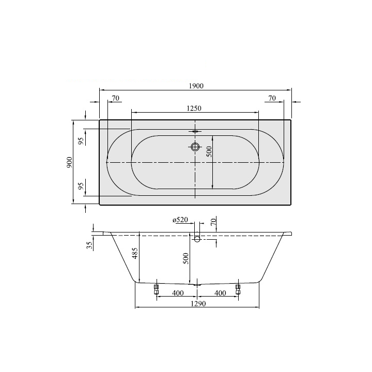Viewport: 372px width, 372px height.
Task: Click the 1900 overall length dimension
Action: (x=195, y=86)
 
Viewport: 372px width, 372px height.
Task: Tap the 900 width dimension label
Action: (x=69, y=162)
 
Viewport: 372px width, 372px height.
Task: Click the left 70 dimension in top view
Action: (x=115, y=98)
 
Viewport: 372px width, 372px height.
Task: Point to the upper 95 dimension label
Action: (x=81, y=141)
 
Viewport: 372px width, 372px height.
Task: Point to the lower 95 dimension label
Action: (x=81, y=185)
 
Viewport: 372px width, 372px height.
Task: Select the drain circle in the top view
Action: (x=195, y=147)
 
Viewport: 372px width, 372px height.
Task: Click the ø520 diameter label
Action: (x=180, y=220)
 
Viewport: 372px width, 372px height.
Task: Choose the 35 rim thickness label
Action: (x=89, y=244)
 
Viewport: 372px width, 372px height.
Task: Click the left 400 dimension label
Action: (x=177, y=293)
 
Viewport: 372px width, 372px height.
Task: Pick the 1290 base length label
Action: (x=197, y=304)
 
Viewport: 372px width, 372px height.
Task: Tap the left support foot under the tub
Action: (x=156, y=289)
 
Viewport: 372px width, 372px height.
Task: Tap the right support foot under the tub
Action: (x=238, y=289)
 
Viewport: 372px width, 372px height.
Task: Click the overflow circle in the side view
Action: (x=197, y=239)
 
